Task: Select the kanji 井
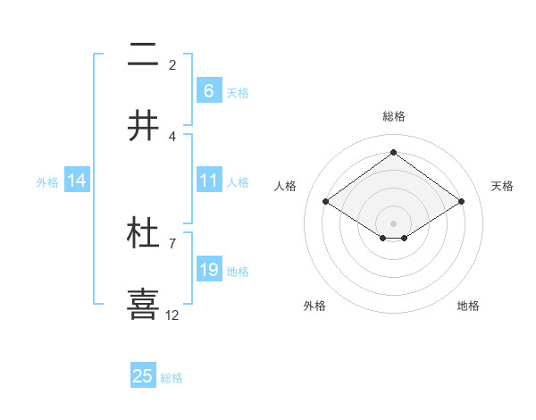[x=143, y=127]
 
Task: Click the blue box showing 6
[x=208, y=91]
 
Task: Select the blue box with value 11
[x=208, y=181]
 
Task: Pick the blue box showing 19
[x=208, y=270]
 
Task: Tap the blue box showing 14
[x=77, y=181]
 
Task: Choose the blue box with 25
[x=143, y=376]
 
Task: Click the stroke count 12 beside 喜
[x=172, y=315]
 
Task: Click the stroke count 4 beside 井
[x=172, y=136]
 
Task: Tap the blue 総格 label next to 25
[x=172, y=378]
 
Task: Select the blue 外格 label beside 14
[x=47, y=182]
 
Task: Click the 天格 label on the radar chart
[x=502, y=186]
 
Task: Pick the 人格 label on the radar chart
[x=286, y=186]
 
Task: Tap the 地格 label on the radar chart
[x=468, y=306]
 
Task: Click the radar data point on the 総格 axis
[x=393, y=152]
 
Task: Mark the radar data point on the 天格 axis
[x=461, y=202]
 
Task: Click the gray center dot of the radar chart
[x=393, y=223]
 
